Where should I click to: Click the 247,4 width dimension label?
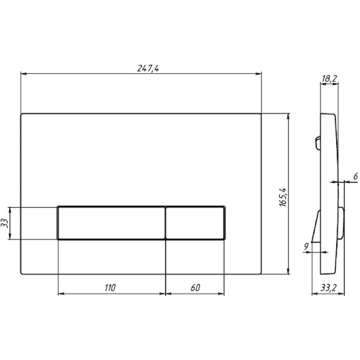coord(148,68)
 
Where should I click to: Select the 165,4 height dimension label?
coord(283,197)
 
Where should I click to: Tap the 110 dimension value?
coord(110,287)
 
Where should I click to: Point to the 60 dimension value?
coord(196,287)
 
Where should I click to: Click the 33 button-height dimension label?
coord(5,223)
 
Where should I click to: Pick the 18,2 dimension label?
coord(329,79)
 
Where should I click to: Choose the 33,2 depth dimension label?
coord(329,287)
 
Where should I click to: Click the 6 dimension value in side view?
coord(355,176)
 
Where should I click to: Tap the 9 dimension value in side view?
coord(306,247)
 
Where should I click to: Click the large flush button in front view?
coord(112,223)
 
